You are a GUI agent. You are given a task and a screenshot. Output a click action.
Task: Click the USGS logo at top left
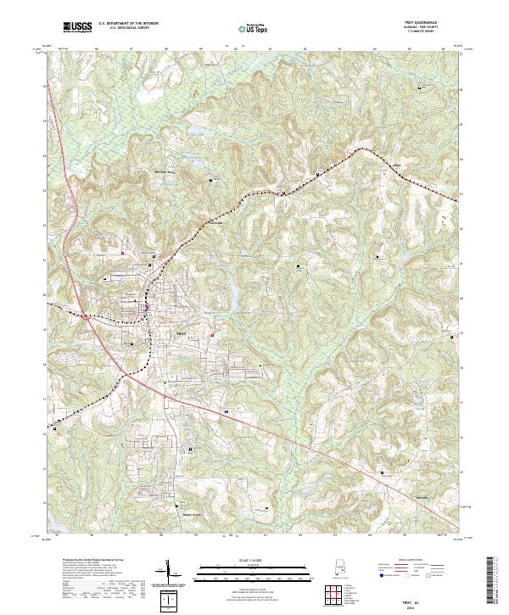point(77,27)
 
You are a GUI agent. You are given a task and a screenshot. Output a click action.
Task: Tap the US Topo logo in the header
point(254,29)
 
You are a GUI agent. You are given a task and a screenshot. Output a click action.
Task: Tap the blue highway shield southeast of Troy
point(227,411)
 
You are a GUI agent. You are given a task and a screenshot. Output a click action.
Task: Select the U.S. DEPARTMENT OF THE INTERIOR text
point(128,24)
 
